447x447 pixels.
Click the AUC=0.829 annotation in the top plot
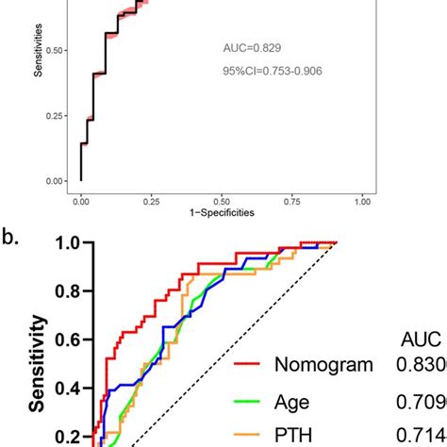pos(252,46)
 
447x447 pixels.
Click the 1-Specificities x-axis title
pos(221,212)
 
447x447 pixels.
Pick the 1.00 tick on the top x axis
pos(363,200)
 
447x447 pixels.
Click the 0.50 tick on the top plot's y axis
pos(58,50)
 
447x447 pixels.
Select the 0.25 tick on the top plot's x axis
pos(151,200)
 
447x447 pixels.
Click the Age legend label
pos(292,401)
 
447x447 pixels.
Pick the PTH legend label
pos(294,435)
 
